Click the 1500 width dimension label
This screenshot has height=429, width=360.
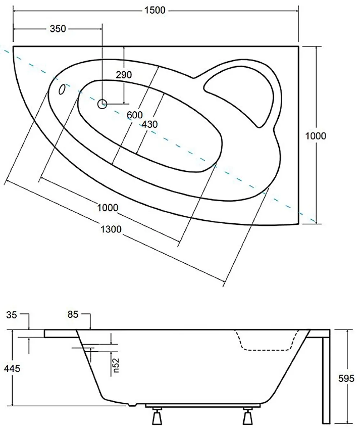pyautogui.click(x=155, y=10)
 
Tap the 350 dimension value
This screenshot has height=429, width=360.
pyautogui.click(x=58, y=29)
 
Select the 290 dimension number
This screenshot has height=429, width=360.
pyautogui.click(x=124, y=75)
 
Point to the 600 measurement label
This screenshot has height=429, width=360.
pyautogui.click(x=135, y=115)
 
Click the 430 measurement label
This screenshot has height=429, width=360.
pyautogui.click(x=150, y=125)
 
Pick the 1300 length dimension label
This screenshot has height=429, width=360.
pyautogui.click(x=111, y=229)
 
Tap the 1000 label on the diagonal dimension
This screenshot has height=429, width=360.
pyautogui.click(x=108, y=208)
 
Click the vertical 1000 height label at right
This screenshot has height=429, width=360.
pyautogui.click(x=316, y=136)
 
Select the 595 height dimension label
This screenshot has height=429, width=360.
pyautogui.click(x=346, y=379)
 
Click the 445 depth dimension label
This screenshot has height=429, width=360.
pyautogui.click(x=12, y=368)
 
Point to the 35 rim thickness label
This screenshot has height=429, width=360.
pyautogui.click(x=12, y=315)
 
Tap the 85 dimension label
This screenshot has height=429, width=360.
pyautogui.click(x=73, y=315)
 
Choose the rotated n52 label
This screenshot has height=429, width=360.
pyautogui.click(x=116, y=365)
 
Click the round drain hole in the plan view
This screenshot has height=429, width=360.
pyautogui.click(x=102, y=104)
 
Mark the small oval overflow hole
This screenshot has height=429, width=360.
pyautogui.click(x=62, y=89)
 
